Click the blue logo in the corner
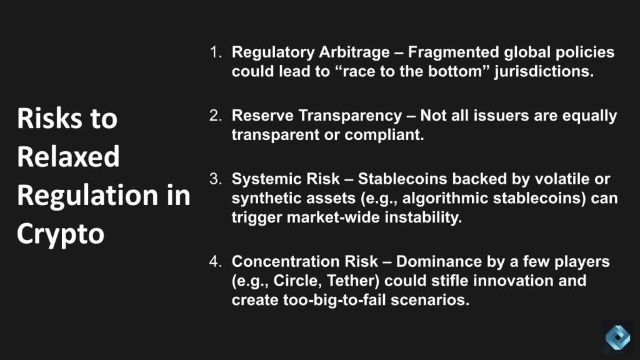click(x=617, y=337)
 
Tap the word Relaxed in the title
click(x=68, y=156)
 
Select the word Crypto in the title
click(x=61, y=234)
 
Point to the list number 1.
click(x=216, y=52)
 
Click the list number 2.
click(x=216, y=116)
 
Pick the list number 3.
click(x=216, y=179)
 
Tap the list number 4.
click(x=216, y=261)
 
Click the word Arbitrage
click(x=354, y=53)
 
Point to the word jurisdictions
click(x=544, y=72)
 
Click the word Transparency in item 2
click(x=350, y=116)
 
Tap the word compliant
click(x=384, y=135)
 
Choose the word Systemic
click(x=265, y=179)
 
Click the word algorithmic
click(x=446, y=199)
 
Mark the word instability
click(x=423, y=217)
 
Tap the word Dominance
click(x=439, y=261)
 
